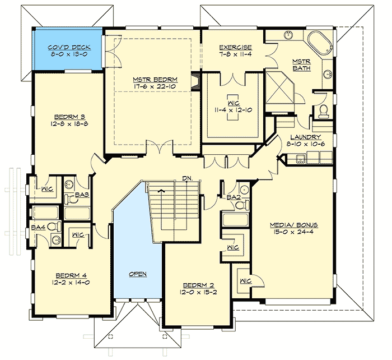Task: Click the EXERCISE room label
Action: point(235,48)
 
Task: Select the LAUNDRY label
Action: point(305,137)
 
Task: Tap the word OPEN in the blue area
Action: point(138,274)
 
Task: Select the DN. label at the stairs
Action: point(187,179)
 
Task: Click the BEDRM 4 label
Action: point(71,275)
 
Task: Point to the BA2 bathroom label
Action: point(234,197)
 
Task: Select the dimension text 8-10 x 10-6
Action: point(305,144)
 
